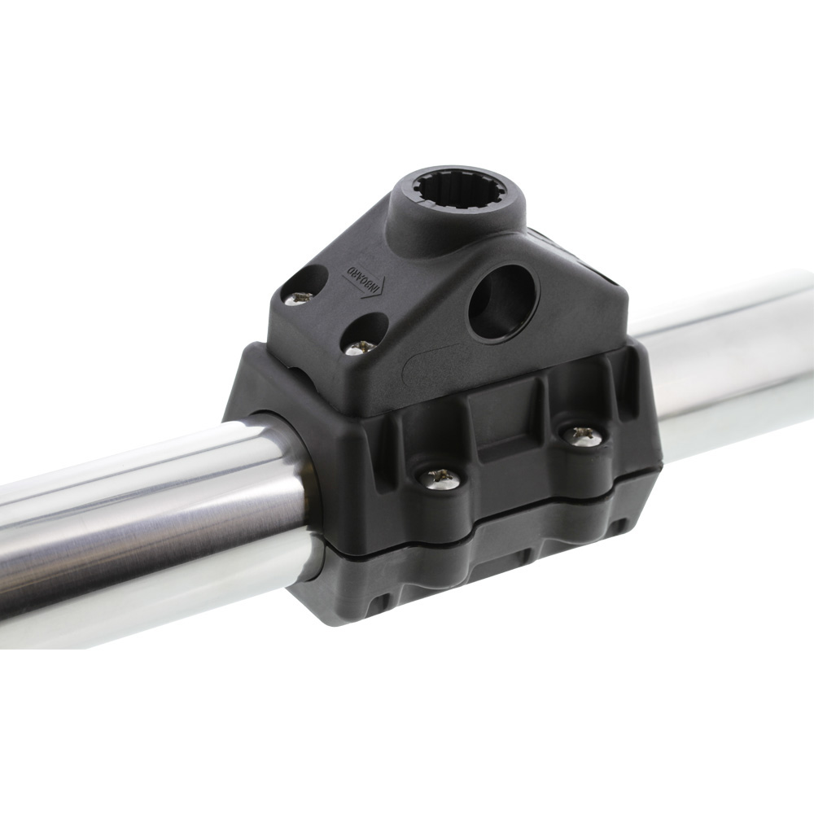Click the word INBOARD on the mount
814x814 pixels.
coord(363,278)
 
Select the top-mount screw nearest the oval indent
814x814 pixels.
coord(360,346)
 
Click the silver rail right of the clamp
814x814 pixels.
coord(733,358)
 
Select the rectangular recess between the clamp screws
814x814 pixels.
coord(509,444)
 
